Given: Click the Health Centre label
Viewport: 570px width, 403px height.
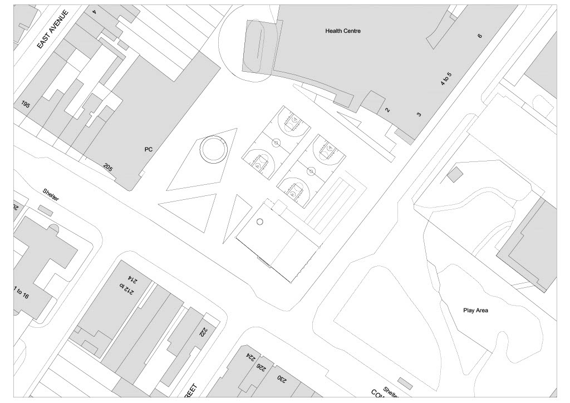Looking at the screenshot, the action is click(343, 31).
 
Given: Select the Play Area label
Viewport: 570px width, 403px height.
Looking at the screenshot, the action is click(475, 310).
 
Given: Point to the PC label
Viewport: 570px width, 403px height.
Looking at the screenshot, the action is click(148, 149).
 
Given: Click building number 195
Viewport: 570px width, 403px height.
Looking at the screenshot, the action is click(25, 104).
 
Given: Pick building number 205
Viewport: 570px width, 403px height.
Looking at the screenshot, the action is click(108, 166).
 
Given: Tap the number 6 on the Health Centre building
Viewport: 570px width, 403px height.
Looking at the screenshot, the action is click(479, 36).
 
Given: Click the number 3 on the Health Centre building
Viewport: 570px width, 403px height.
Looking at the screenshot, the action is click(419, 114).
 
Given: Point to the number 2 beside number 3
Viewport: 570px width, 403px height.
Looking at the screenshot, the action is click(388, 110).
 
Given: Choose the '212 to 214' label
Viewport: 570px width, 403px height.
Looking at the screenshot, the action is click(126, 282).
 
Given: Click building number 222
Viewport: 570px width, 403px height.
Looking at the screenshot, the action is click(203, 332).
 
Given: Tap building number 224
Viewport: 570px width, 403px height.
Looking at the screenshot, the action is click(248, 357).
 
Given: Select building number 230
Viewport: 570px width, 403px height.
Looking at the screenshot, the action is click(282, 379).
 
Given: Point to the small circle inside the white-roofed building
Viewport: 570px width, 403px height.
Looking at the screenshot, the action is click(259, 222).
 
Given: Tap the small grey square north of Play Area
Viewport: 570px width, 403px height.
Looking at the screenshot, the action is click(455, 174).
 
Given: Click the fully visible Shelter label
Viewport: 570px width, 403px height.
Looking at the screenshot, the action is click(51, 194).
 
